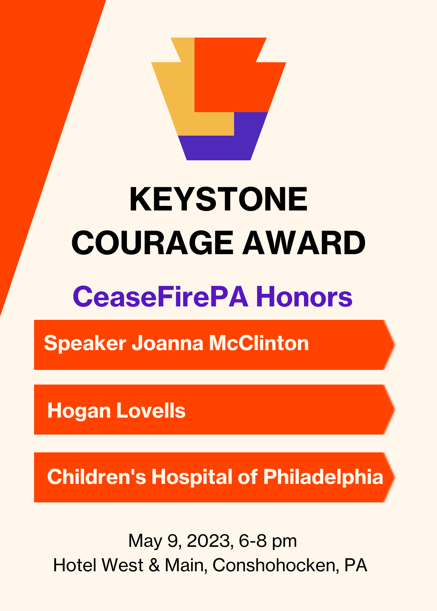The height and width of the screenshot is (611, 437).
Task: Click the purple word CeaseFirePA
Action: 161,296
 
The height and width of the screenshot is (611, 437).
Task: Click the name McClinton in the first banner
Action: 259,343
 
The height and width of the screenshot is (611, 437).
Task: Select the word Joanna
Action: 167,343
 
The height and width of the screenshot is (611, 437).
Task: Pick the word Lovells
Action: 151,410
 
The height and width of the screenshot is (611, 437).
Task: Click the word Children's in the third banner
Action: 97,476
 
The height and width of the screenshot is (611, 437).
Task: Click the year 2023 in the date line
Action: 208,541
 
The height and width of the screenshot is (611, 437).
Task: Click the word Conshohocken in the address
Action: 276,565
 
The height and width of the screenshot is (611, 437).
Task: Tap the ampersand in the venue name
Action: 154,565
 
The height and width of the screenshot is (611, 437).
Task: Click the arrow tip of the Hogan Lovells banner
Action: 395,409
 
